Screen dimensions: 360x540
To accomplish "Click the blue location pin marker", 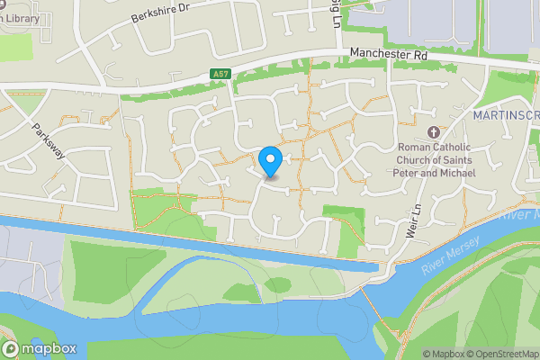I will click(x=270, y=161).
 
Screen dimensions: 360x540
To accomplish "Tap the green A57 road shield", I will click(x=221, y=74).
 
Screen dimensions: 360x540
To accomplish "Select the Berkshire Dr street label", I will click(x=161, y=11).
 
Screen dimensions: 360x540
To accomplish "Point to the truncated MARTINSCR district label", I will click(x=506, y=116).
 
